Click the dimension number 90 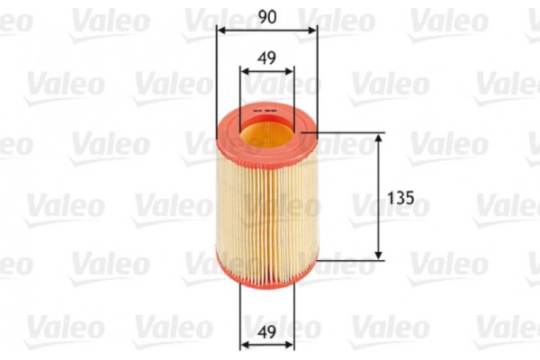click(x=266, y=16)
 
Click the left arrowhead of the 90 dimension click(x=221, y=30)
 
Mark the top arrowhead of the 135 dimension click(x=379, y=138)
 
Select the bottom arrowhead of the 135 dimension click(x=379, y=256)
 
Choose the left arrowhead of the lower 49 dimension click(x=244, y=345)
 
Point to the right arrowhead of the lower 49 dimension click(x=289, y=345)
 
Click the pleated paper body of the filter click(x=266, y=207)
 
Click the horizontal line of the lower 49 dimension click(x=266, y=345)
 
